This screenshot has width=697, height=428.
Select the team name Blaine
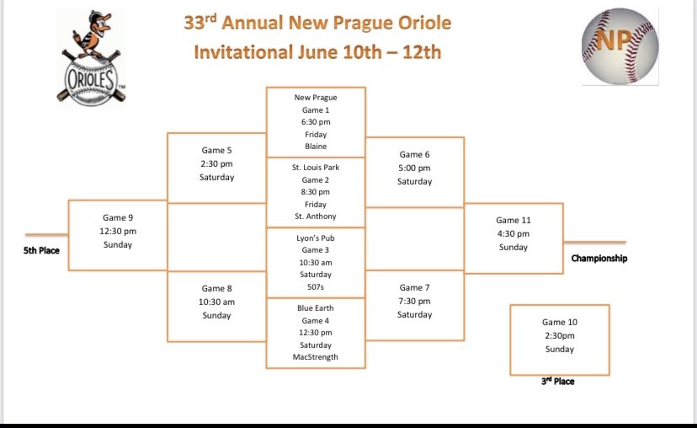[316, 147]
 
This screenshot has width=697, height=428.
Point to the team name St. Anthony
[316, 217]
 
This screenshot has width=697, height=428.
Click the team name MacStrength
[316, 357]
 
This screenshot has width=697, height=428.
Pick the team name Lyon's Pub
[316, 238]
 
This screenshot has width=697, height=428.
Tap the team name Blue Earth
[316, 308]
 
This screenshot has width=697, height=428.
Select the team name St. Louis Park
[316, 168]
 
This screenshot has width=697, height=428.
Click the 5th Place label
[41, 250]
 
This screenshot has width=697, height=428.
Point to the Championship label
[599, 259]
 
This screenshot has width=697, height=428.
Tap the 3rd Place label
[557, 382]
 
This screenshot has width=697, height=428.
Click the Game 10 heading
[560, 322]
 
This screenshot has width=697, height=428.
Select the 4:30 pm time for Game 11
[513, 233]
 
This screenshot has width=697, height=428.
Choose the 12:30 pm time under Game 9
[117, 231]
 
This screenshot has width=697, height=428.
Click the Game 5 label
[216, 150]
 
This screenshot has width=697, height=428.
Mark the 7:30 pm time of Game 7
[415, 301]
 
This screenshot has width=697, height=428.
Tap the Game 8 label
[216, 288]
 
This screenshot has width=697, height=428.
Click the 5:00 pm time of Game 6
[415, 168]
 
